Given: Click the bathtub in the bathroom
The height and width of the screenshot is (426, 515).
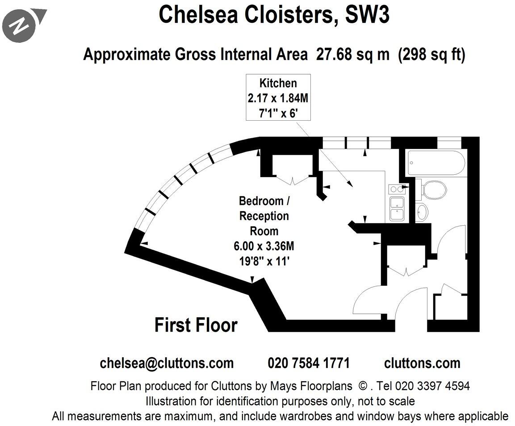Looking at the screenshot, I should tap(435, 163).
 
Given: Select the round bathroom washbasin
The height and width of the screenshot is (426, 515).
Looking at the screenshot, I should tap(422, 211).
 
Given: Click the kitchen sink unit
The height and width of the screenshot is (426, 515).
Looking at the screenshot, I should tap(397, 209).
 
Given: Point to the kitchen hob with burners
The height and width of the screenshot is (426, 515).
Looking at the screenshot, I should tap(397, 189).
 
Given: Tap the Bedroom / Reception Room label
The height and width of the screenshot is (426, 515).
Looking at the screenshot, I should tap(264, 216).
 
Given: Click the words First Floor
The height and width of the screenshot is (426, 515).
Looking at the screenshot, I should tap(196, 325).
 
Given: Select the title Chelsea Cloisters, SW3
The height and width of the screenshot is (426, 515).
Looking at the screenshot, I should tap(274, 14).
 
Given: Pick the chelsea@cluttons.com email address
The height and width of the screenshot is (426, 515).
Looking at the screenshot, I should tap(167, 363).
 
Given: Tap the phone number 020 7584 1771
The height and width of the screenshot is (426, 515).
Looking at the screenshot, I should tap(309, 363).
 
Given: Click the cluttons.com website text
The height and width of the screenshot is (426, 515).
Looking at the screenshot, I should tap(422, 363).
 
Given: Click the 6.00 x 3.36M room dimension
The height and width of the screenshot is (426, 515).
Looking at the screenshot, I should tap(264, 246).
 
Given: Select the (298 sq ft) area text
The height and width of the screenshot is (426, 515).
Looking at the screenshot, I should tap(431, 55).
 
